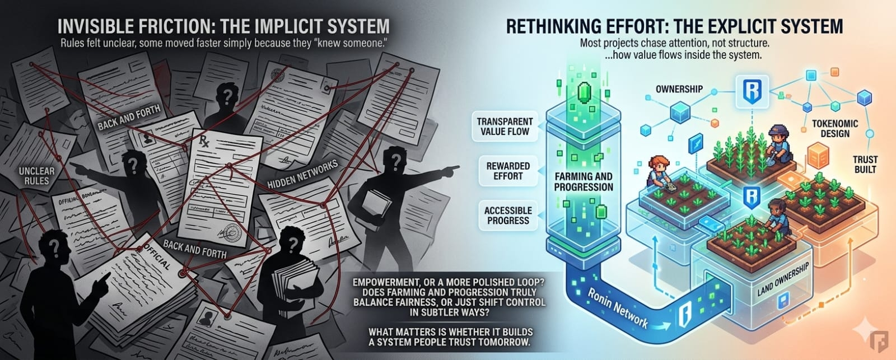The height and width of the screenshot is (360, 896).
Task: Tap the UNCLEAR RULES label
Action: point(37,175)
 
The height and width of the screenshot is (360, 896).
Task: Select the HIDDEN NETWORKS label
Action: point(302,175)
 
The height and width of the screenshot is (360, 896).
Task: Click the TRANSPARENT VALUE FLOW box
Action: point(505,127)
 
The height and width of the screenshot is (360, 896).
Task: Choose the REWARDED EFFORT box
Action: point(508,171)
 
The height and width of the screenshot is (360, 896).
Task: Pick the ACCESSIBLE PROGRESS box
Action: point(508,215)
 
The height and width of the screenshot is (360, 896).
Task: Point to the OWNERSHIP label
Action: point(679,89)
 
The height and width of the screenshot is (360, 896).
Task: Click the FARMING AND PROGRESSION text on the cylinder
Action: point(584,181)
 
